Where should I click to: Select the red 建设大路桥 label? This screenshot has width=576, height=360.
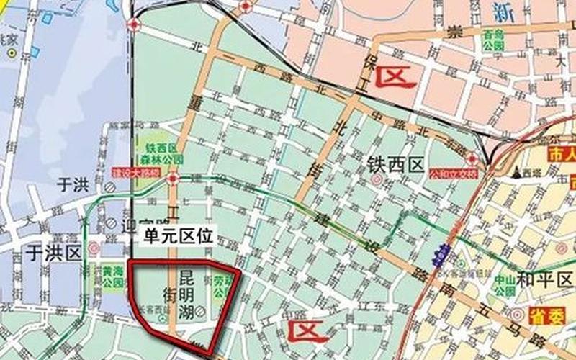pyautogui.click(x=139, y=173)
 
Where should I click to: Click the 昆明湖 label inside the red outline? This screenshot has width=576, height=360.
pyautogui.click(x=186, y=294)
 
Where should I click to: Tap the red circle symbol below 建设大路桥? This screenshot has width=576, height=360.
pyautogui.click(x=173, y=179)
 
